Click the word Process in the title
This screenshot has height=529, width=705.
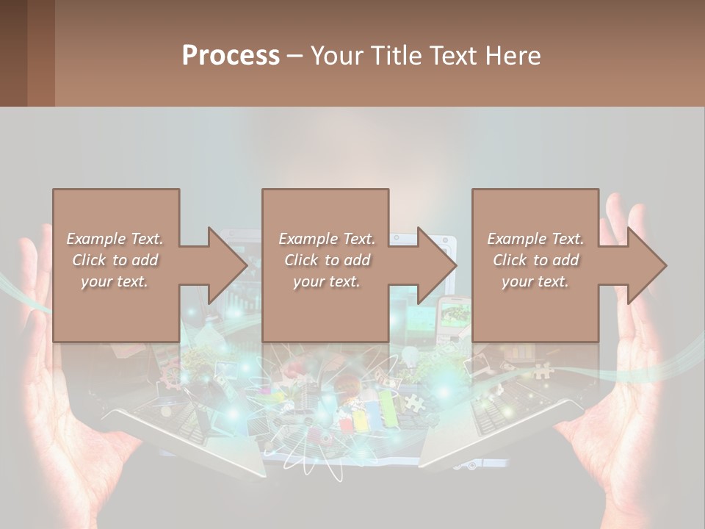tap(231, 56)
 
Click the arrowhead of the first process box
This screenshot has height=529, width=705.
tap(226, 265)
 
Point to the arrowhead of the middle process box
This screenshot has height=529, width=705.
tap(436, 265)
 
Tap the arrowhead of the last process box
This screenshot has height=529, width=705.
tap(646, 265)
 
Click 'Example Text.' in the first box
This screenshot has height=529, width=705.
tap(115, 239)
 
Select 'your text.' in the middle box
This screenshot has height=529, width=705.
tap(327, 282)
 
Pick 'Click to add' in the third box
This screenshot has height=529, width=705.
tap(535, 260)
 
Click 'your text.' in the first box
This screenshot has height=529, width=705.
tap(115, 282)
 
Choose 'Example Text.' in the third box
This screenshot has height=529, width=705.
tap(535, 239)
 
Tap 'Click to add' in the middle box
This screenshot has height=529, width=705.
tap(327, 260)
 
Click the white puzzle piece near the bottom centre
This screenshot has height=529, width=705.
tap(413, 402)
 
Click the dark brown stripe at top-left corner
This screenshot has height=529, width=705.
tap(13, 53)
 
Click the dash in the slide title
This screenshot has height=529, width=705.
tap(294, 56)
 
